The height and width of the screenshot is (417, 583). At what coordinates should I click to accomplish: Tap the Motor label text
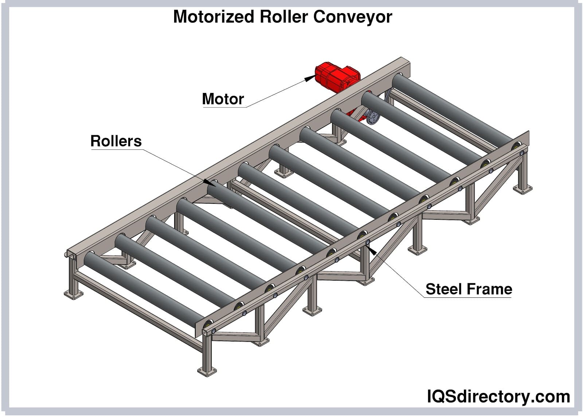[223, 99]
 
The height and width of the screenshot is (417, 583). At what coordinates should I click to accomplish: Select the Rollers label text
[116, 141]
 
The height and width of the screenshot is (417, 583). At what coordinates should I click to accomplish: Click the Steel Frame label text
[469, 289]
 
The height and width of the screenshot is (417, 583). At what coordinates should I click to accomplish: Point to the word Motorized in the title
[214, 17]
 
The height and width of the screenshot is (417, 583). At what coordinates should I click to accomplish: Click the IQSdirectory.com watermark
[498, 396]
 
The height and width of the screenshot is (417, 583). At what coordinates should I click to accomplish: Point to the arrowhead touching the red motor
[310, 78]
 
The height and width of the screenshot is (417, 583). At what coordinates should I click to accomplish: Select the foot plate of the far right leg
[523, 189]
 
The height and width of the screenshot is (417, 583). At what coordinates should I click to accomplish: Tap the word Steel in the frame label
[443, 289]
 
